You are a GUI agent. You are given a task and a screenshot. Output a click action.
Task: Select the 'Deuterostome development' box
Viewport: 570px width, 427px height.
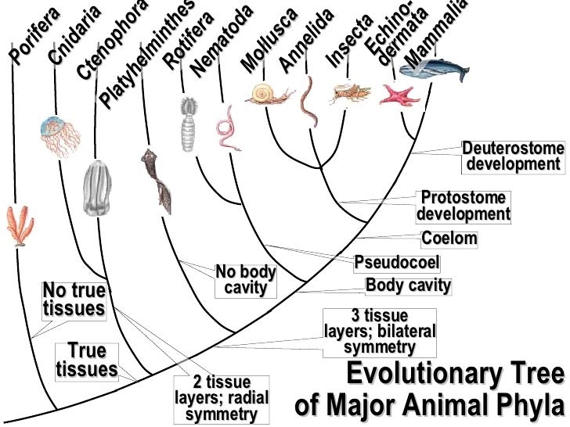pos(513,156)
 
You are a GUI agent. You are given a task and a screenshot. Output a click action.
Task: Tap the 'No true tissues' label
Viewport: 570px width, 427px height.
pos(74,300)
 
